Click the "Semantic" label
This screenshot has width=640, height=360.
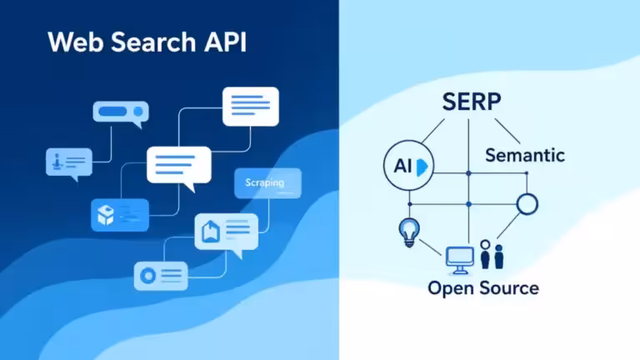coord(525,155)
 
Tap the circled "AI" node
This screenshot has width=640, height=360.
coord(407,166)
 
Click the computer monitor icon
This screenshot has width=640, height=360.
coord(459,260)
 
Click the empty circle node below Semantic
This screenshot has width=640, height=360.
coord(527,203)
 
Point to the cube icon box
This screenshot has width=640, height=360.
coord(119,214)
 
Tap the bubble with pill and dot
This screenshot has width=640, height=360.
coord(120,113)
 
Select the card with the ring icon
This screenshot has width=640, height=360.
coord(161,276)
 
